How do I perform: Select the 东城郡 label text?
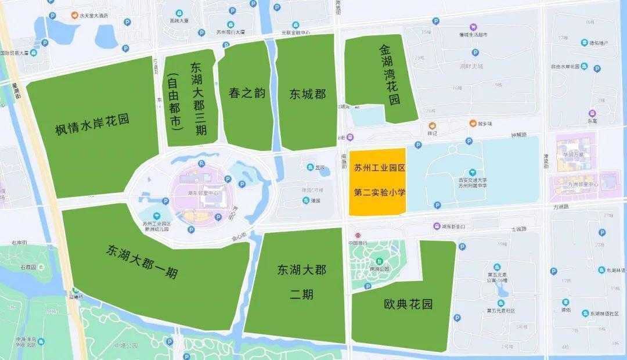[308, 94]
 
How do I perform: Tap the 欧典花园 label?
[408, 304]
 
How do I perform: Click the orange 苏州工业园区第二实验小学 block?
[376, 181]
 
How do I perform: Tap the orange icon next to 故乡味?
[473, 123]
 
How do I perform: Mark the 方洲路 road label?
[560, 206]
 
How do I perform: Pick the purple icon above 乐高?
[592, 113]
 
